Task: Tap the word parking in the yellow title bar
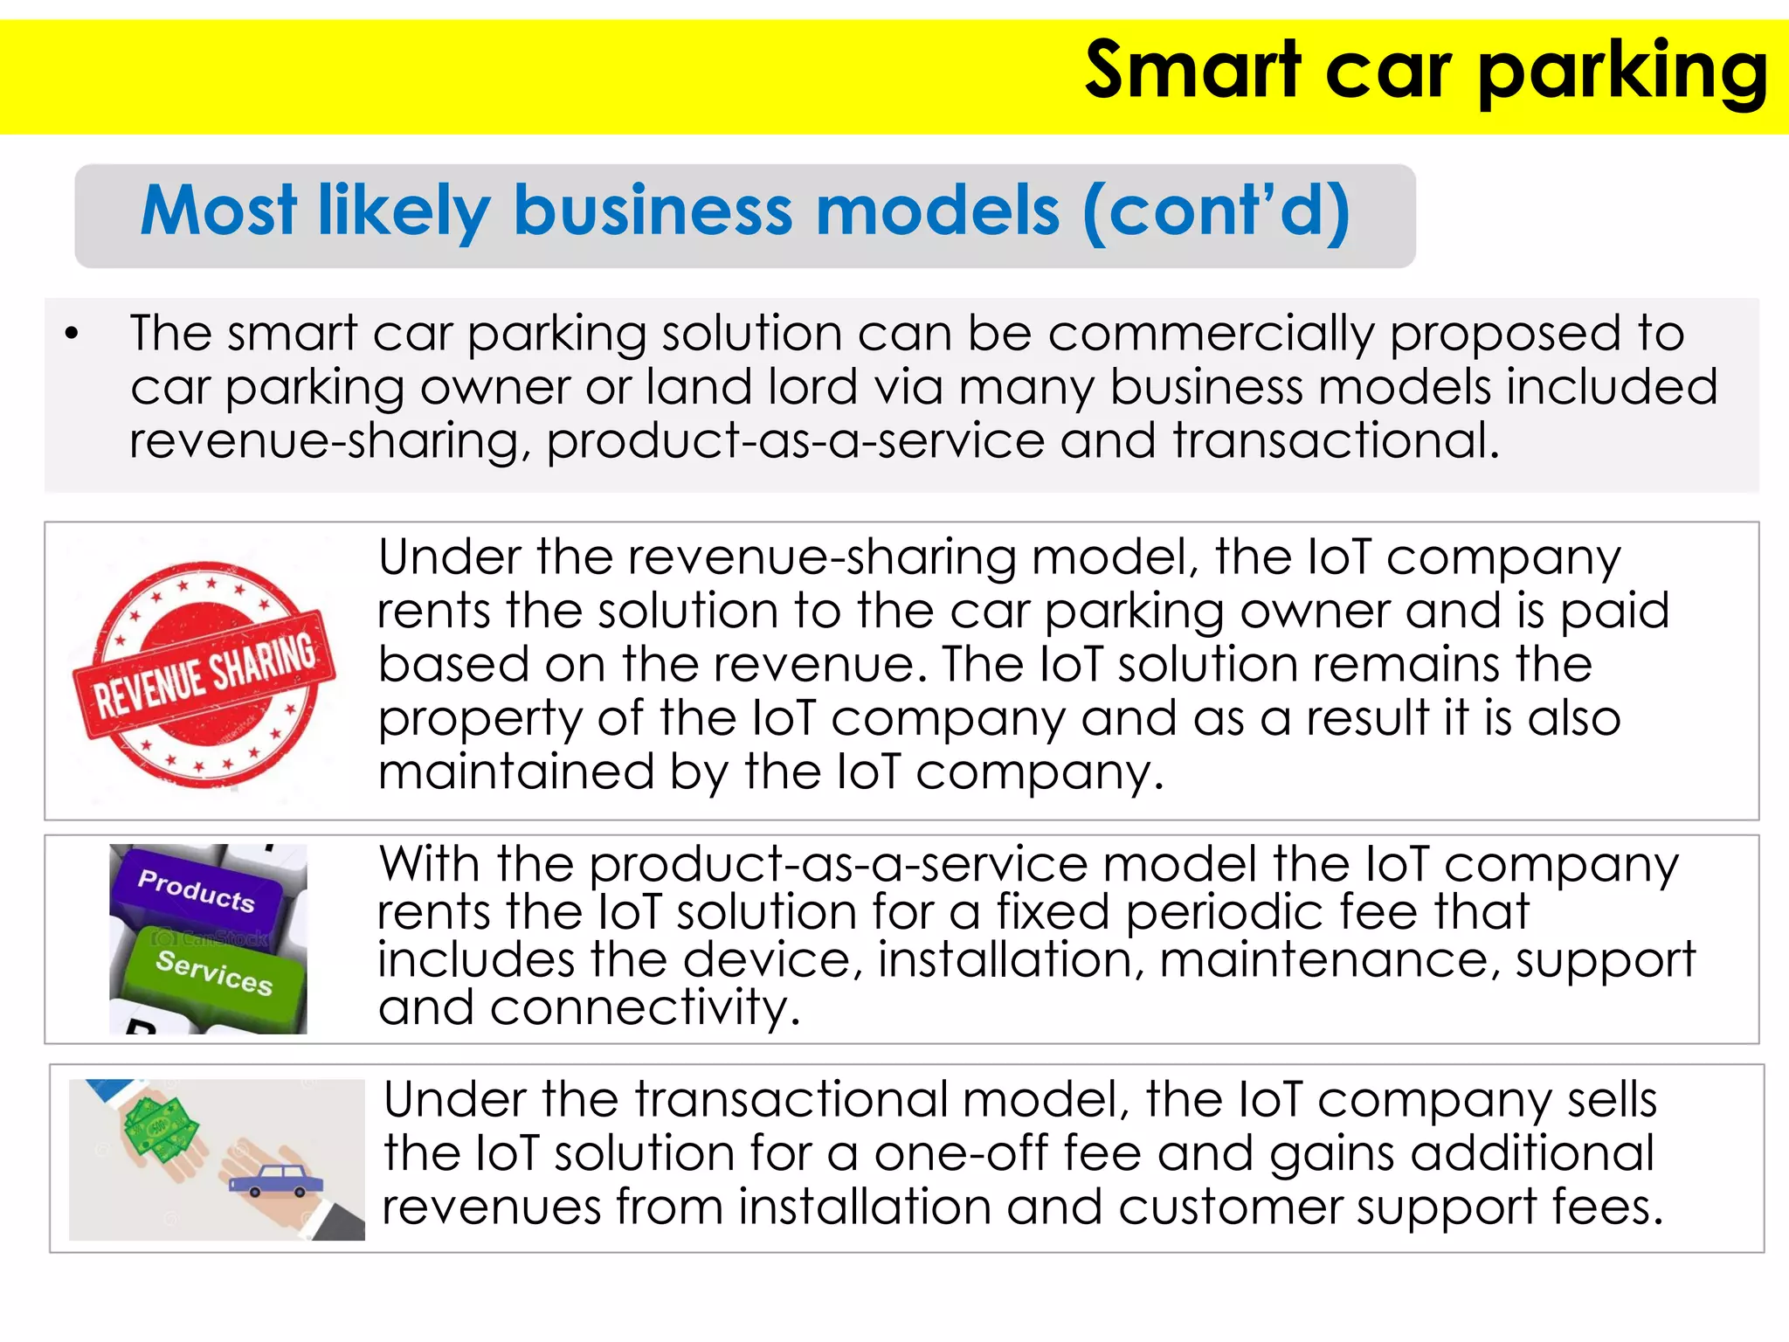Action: (x=1622, y=73)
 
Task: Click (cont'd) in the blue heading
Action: (x=1216, y=212)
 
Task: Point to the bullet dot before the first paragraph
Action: (x=73, y=335)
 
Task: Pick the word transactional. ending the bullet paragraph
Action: (x=1336, y=440)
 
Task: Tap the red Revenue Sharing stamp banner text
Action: (x=204, y=675)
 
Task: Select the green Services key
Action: (x=214, y=972)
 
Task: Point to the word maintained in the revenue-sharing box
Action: (x=515, y=772)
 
